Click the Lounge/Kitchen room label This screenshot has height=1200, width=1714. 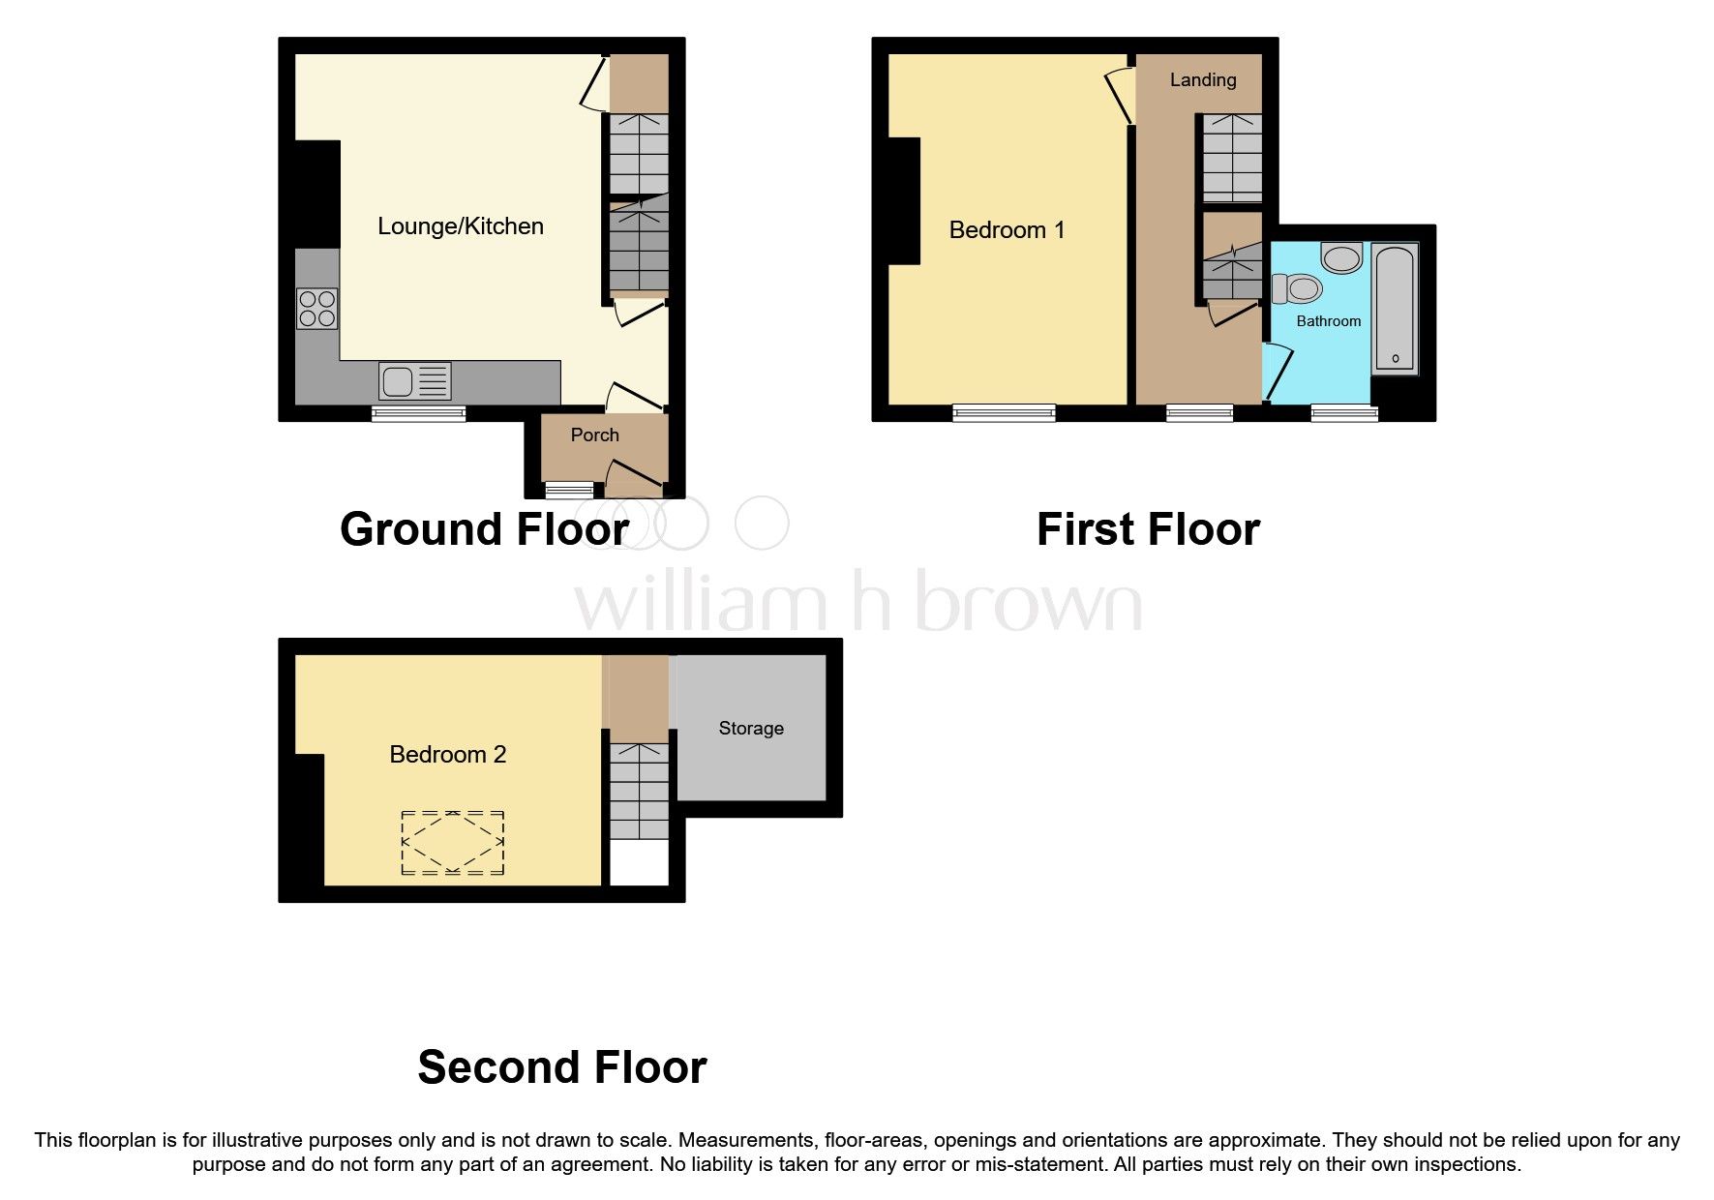[460, 226]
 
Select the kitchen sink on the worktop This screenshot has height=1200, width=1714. [414, 381]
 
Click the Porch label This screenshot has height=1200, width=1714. [594, 435]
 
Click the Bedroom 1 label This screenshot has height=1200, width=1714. [1007, 230]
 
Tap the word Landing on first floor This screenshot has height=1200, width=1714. [1202, 80]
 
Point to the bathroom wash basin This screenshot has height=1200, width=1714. [1341, 257]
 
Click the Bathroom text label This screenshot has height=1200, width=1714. [1328, 321]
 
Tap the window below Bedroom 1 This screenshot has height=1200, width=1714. [1004, 414]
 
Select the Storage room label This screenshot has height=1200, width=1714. [750, 729]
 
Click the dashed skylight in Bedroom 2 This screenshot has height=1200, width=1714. [452, 843]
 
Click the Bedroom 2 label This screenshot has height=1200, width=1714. [447, 755]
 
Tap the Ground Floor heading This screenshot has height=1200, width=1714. [484, 530]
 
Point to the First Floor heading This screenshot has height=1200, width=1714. [1148, 530]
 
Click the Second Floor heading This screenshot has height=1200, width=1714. [561, 1067]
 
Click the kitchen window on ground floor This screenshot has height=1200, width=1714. [418, 414]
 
